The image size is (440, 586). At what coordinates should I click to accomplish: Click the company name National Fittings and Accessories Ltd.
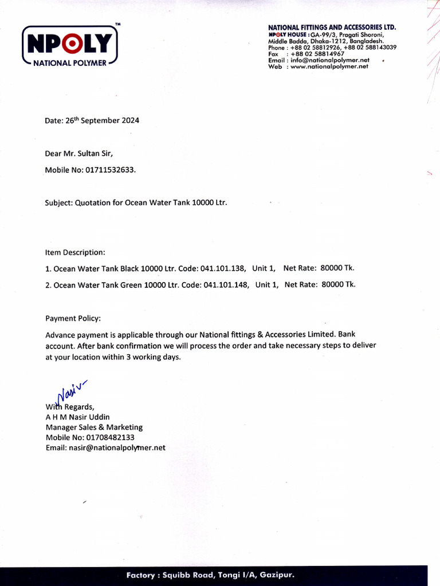(332, 27)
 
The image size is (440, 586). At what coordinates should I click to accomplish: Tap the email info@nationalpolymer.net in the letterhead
(330, 60)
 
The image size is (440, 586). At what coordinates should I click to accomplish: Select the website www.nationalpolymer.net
(329, 66)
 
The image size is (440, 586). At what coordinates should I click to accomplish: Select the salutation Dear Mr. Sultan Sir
(83, 153)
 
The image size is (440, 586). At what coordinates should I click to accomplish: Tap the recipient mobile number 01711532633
(111, 170)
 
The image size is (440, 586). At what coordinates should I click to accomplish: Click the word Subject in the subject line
(58, 203)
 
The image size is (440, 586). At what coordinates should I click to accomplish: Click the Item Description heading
(75, 252)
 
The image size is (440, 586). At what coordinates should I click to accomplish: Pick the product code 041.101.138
(225, 268)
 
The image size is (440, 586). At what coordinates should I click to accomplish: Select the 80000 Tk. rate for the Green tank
(339, 284)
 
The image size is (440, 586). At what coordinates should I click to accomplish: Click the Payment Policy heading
(73, 318)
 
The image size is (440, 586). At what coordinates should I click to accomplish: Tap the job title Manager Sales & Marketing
(94, 427)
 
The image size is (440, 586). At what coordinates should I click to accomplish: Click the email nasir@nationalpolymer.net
(105, 448)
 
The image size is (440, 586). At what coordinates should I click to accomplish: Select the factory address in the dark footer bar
(210, 575)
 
